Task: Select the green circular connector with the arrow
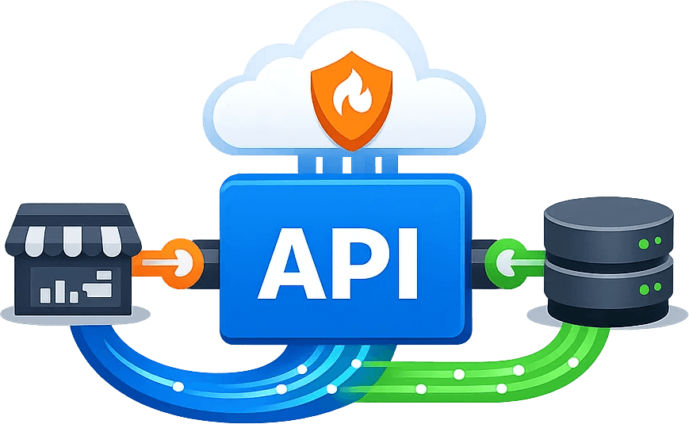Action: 506,259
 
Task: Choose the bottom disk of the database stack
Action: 609,285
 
